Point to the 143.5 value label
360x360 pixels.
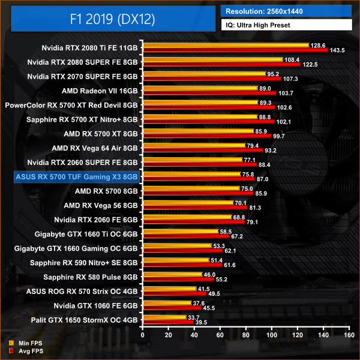coord(337,51)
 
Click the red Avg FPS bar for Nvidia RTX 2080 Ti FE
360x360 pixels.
coord(235,50)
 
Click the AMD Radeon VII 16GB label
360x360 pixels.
coord(100,91)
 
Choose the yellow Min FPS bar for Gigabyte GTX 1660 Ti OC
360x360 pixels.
coord(180,231)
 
